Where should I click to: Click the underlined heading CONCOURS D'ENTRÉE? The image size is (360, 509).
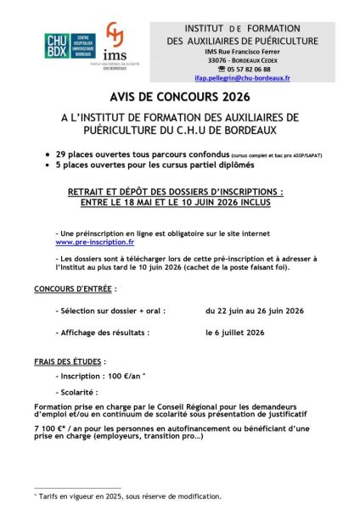(x=70, y=288)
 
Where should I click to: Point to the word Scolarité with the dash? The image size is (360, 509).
(x=87, y=392)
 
